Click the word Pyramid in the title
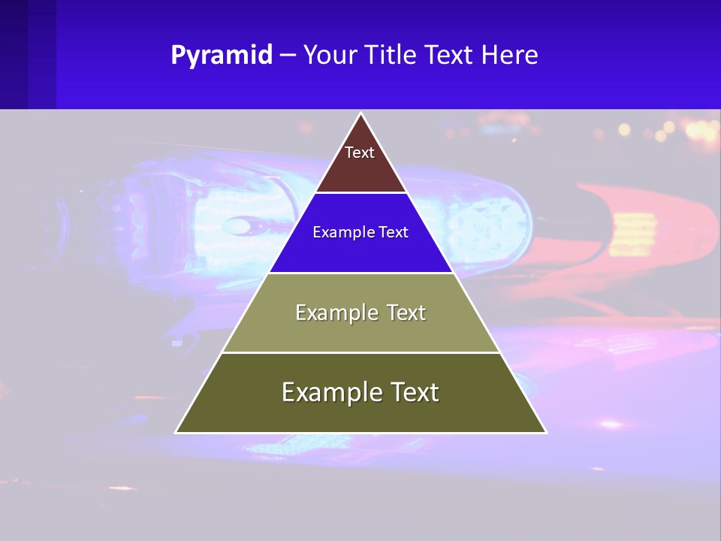pos(222,56)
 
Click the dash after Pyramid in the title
pos(288,56)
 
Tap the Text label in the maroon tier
pos(360,153)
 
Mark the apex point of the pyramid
pos(361,114)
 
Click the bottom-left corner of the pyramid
pos(176,432)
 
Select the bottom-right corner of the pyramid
pos(545,432)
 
